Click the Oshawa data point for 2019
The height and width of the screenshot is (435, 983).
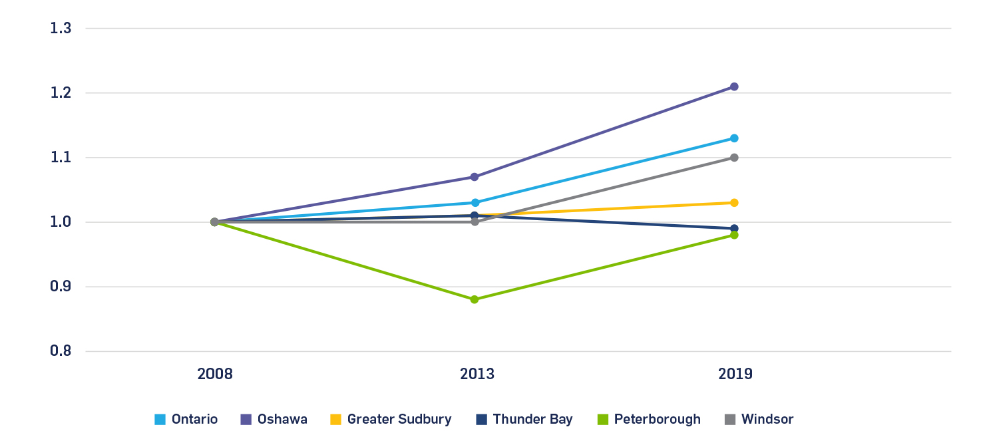(x=734, y=86)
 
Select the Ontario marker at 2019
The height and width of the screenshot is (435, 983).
(x=734, y=138)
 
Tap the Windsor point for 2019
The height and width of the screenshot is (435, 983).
(x=734, y=158)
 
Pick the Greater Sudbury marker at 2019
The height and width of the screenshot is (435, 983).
(x=734, y=203)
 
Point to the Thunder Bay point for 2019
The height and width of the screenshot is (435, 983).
(x=734, y=228)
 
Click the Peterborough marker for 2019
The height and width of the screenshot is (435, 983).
(x=734, y=235)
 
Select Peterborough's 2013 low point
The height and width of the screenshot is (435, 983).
(x=475, y=299)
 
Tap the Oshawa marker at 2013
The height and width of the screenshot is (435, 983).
(x=475, y=177)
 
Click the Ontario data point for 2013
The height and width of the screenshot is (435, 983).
(x=475, y=203)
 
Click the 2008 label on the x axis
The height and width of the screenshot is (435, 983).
(x=215, y=374)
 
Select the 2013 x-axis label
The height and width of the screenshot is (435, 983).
(x=477, y=374)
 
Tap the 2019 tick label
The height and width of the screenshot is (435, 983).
(x=735, y=374)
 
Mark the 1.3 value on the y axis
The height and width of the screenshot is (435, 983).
(x=61, y=29)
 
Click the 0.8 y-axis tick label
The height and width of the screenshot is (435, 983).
(x=61, y=351)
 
